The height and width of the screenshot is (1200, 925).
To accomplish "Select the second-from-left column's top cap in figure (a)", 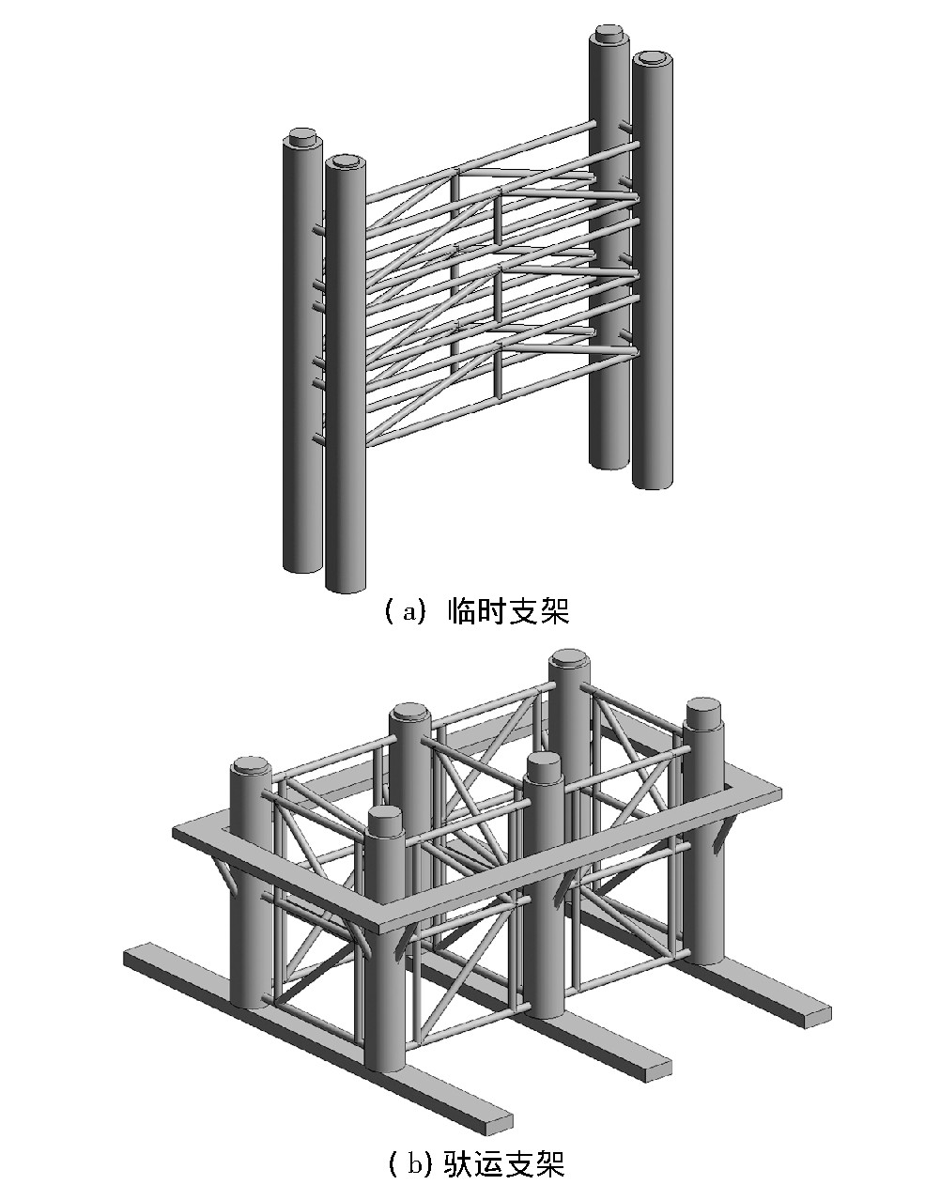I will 345,161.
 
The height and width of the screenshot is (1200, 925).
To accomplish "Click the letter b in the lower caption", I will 414,1164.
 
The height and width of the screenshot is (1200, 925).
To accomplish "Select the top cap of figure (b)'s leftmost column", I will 250,765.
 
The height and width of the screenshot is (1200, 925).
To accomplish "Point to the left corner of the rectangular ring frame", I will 178,833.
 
